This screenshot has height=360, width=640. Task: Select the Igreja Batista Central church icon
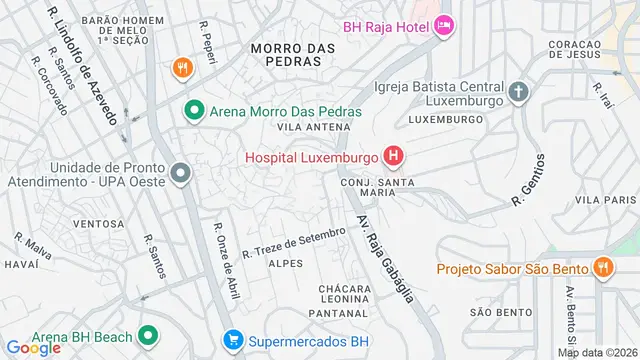(x=518, y=93)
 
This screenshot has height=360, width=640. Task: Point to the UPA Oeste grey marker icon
(x=180, y=174)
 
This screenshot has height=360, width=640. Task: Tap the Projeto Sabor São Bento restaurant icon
(x=602, y=267)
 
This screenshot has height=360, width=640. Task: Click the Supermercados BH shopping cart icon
(x=233, y=340)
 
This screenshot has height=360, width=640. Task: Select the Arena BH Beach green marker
(x=148, y=334)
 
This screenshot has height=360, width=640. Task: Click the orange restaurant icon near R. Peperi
(x=181, y=68)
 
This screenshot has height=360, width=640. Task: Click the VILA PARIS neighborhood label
(x=612, y=200)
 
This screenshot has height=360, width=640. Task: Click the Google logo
(x=33, y=348)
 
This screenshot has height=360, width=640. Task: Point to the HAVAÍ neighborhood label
(x=21, y=264)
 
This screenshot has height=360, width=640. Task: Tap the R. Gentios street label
(x=529, y=180)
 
